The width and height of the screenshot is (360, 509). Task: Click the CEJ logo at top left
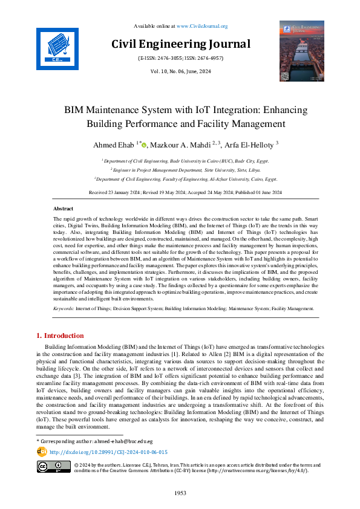click(57, 46)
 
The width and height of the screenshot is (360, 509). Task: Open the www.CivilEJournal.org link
click(201, 26)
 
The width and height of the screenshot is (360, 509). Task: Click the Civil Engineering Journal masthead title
click(180, 44)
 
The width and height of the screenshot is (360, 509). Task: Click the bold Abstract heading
click(64, 208)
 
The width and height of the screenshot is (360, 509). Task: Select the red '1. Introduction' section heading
click(61, 336)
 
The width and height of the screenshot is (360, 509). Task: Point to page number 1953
click(180, 493)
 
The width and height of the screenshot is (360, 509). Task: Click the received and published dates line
click(180, 192)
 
